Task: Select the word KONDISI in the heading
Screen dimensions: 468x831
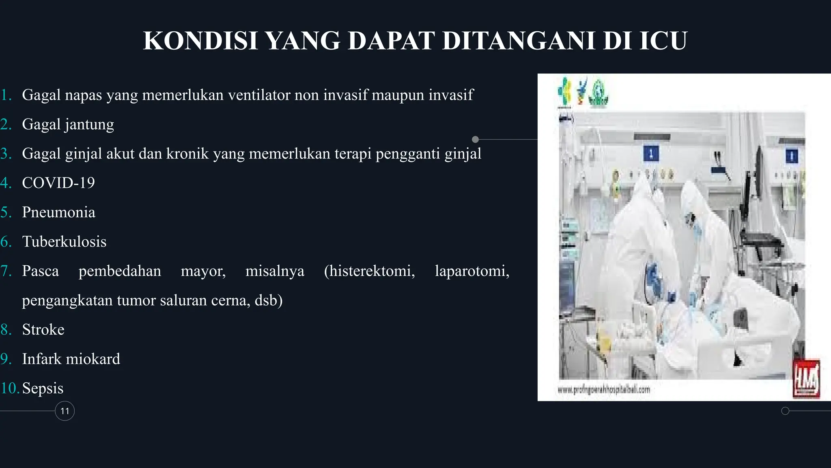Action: [x=201, y=41]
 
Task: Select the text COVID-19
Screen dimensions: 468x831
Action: [x=58, y=183]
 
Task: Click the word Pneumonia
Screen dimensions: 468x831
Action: [x=58, y=212]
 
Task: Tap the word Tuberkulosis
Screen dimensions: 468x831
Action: [x=64, y=242]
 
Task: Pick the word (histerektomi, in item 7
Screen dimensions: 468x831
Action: [x=369, y=271]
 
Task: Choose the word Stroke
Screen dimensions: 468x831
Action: [x=43, y=329]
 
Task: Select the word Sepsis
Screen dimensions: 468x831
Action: [x=43, y=388]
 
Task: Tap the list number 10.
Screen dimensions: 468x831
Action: [x=10, y=388]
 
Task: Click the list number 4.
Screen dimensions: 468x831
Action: [x=6, y=183]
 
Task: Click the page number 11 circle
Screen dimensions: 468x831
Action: [x=65, y=411]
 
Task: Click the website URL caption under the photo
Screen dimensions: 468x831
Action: [x=604, y=390]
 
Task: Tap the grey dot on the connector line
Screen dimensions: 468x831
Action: [x=476, y=139]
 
